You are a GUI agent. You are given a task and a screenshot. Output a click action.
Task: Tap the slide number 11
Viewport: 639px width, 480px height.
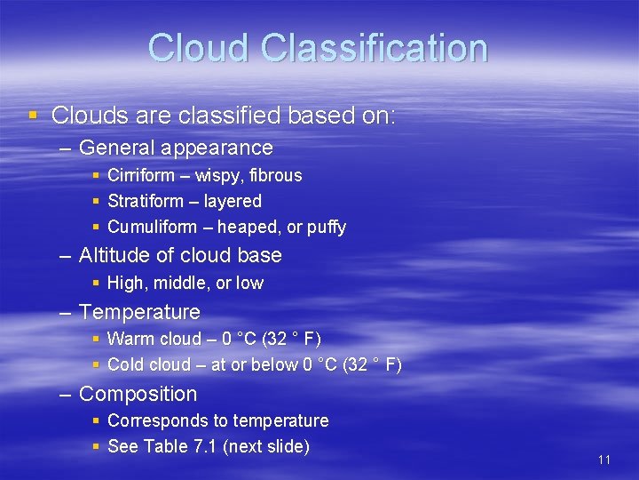(x=604, y=460)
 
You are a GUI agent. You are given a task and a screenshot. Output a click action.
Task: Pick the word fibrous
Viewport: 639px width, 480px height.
(x=275, y=175)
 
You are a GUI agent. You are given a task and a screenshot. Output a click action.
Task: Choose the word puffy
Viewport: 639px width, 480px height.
(x=327, y=228)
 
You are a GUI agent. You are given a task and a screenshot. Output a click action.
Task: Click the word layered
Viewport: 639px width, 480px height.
(x=233, y=201)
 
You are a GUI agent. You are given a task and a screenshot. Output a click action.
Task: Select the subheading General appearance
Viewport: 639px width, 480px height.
(x=176, y=148)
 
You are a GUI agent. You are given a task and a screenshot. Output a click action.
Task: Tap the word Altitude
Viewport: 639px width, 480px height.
(x=112, y=255)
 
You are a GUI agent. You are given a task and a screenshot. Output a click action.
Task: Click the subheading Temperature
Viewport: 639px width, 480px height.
(x=139, y=312)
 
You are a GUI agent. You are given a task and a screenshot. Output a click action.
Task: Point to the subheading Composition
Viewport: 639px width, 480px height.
(x=138, y=394)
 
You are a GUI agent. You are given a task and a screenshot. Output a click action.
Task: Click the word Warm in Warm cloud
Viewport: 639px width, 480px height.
(x=130, y=339)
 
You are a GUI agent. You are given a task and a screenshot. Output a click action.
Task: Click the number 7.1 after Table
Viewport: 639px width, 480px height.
(x=204, y=446)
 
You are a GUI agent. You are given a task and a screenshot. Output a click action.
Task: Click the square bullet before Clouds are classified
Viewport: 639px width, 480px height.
(x=33, y=115)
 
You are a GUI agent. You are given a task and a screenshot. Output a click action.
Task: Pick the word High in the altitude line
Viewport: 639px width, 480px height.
(x=125, y=283)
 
